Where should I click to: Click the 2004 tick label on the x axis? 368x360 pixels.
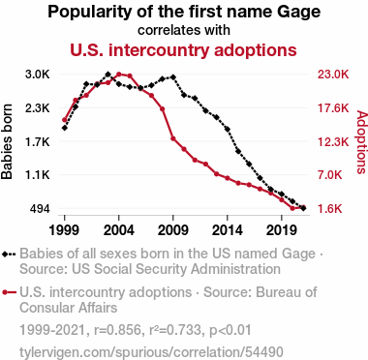[x=119, y=230]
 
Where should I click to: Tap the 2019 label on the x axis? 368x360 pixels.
[x=282, y=230]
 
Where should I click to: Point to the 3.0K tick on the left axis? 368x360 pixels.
[x=38, y=75]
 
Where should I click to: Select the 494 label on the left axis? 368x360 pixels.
[x=40, y=209]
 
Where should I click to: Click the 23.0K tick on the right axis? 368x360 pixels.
[x=333, y=75]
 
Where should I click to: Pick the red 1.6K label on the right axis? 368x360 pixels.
[x=330, y=209]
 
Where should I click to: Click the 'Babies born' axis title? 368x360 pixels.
[x=7, y=141]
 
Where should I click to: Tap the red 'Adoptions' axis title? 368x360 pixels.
[x=362, y=142]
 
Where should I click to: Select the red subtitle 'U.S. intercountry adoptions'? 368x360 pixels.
[x=183, y=50]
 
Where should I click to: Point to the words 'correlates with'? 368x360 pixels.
[x=184, y=30]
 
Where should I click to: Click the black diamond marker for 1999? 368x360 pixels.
[x=65, y=128]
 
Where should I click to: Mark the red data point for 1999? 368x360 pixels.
[x=65, y=120]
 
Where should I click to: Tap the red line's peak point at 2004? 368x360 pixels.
[x=119, y=75]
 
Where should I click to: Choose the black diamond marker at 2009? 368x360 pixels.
[x=173, y=77]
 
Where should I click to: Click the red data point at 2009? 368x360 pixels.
[x=173, y=138]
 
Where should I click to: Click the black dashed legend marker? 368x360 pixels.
[x=9, y=255]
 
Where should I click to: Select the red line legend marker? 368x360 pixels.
[x=9, y=292]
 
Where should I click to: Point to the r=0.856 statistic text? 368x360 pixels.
[x=117, y=330]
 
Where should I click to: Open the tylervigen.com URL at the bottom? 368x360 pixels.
[x=151, y=352]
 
